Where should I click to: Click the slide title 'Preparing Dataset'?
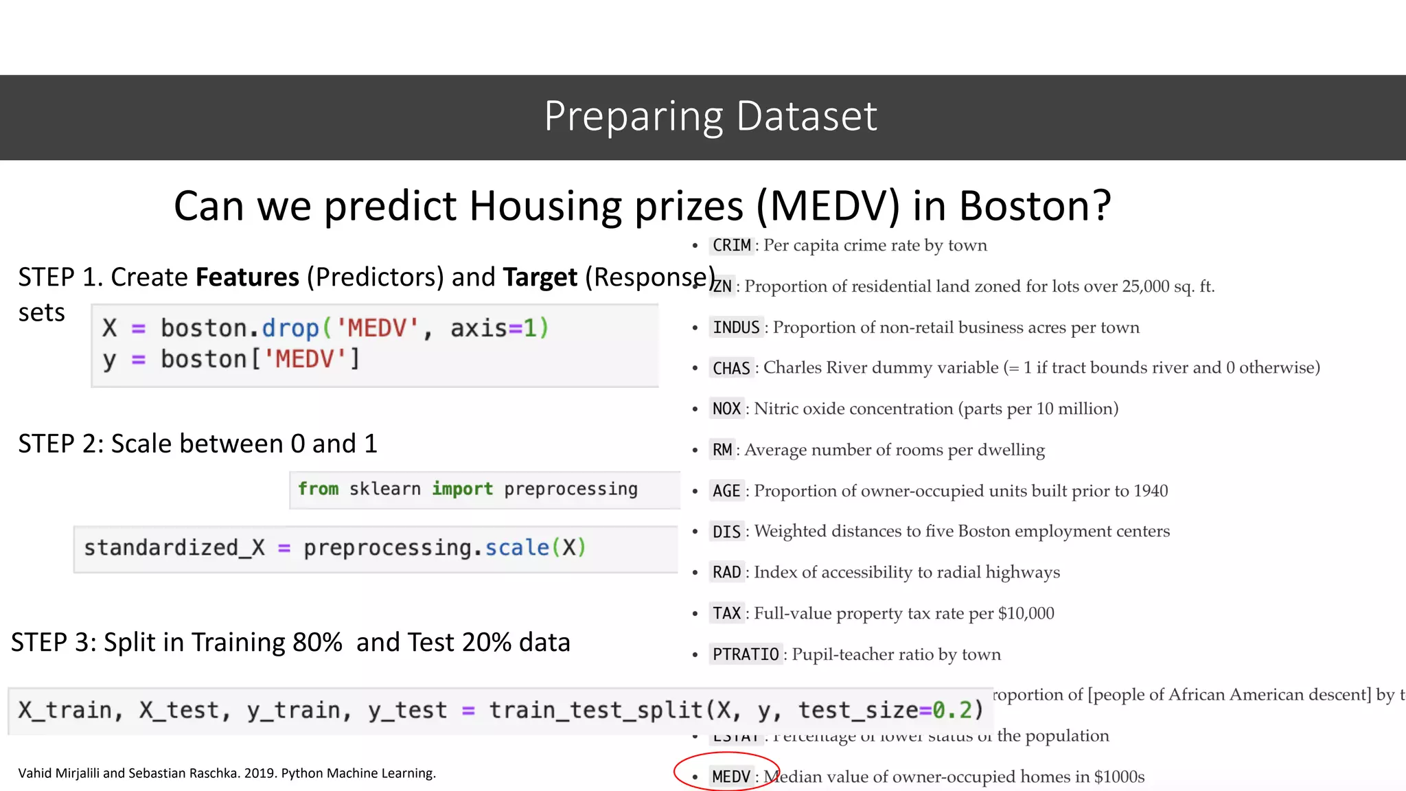710,116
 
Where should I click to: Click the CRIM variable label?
731,246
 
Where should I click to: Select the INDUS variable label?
736,328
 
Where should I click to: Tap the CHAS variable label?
731,369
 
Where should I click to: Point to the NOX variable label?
726,409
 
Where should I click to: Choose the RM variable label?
722,450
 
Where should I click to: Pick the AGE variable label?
726,492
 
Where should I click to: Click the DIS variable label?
726,532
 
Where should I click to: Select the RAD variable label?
726,573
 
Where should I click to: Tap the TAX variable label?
726,614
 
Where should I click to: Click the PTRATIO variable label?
746,654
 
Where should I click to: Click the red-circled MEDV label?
730,777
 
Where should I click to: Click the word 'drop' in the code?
290,328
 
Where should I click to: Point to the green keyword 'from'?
319,489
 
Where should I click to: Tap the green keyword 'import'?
462,489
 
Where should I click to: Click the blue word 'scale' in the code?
517,548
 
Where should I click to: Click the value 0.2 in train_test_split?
952,710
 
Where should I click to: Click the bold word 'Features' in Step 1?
247,277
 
